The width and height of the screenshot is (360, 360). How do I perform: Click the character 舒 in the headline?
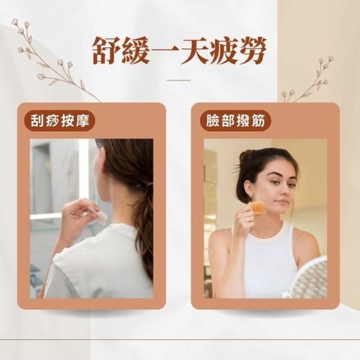point(107,51)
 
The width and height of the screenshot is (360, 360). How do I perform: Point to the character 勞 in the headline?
point(252,51)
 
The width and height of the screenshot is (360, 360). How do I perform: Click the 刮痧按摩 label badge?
point(60,120)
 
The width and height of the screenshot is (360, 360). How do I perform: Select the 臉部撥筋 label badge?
point(236,120)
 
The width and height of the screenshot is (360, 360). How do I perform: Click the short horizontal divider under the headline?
point(179,80)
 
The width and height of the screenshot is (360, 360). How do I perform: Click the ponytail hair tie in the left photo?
point(150,185)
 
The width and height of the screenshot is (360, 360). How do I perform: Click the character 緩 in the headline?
point(136,51)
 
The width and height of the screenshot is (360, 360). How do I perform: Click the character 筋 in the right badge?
point(258,120)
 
